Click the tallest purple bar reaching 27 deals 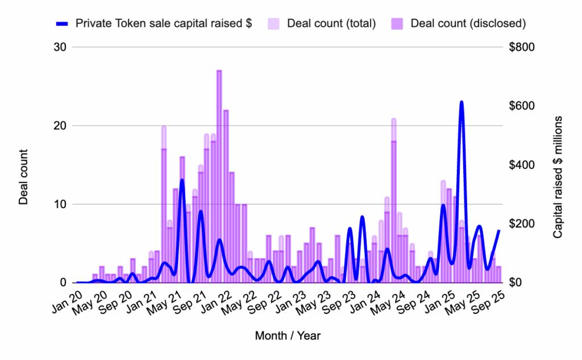[219, 176]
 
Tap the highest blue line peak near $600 [462, 103]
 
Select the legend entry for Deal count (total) [331, 23]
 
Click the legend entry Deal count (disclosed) [468, 23]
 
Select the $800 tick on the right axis [523, 47]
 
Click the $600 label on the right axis [523, 106]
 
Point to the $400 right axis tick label [523, 165]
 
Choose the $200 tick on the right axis [523, 224]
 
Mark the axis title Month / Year [288, 336]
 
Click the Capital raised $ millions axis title [558, 177]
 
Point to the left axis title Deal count [24, 177]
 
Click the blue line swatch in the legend [63, 23]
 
